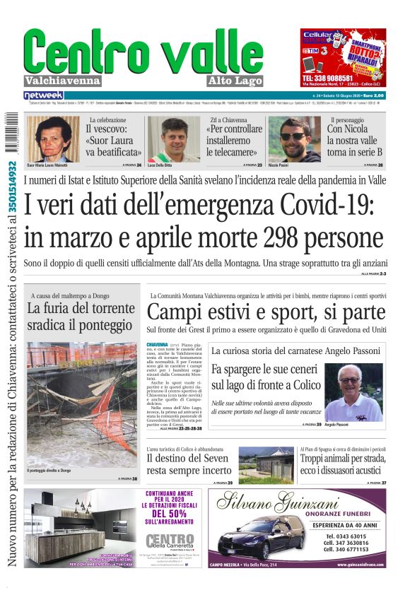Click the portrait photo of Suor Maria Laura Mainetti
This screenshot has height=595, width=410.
(53, 138)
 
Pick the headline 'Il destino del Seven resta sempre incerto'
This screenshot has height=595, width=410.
(189, 466)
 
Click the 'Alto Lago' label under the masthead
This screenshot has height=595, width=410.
(237, 81)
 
